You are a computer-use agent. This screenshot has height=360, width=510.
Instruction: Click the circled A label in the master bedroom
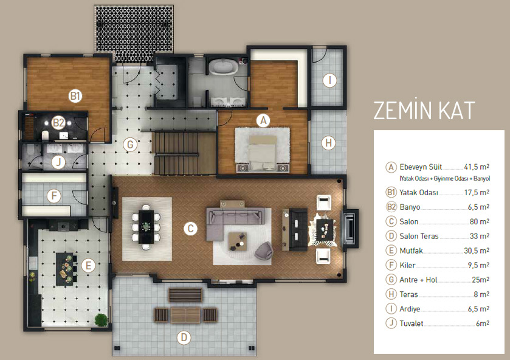point(263,121)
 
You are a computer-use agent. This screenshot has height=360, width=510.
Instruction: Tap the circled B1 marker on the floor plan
point(75,96)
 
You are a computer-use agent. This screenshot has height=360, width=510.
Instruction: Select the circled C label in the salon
point(191,229)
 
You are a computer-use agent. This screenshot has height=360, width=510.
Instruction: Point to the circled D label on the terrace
point(184,337)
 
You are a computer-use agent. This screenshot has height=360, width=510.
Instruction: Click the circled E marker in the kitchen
point(89,266)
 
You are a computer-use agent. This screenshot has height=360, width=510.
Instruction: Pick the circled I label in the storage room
point(330,80)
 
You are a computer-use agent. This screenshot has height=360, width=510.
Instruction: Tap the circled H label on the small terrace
point(328,142)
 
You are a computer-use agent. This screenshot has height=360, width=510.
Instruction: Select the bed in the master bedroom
point(263,153)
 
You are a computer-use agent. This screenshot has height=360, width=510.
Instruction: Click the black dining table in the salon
point(146,227)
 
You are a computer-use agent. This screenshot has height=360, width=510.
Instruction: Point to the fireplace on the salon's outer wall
point(350,227)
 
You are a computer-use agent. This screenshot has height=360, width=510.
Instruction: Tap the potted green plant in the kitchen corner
point(101,320)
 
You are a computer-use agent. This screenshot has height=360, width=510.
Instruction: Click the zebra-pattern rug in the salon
point(322,228)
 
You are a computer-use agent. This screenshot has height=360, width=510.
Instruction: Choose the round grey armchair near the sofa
point(263,251)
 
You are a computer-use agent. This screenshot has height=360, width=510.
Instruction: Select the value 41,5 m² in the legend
point(477,167)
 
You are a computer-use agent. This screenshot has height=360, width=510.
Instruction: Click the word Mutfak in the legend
point(411,251)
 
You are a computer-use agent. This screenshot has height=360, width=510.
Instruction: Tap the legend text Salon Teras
point(419,236)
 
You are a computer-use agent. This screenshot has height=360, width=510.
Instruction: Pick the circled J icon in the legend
point(391,324)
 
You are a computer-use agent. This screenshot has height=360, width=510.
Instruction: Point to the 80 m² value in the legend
point(480,222)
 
